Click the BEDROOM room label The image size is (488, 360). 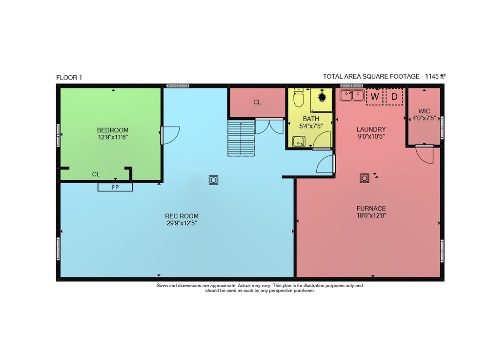coord(113,130)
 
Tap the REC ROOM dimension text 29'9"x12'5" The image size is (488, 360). coord(182,223)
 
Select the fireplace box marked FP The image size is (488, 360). coord(115,187)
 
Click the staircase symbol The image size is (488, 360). coord(241,138)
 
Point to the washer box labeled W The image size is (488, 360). coord(375,97)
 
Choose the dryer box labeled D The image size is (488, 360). coord(394,97)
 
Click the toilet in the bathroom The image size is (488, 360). coord(299,98)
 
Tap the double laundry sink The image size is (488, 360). coord(352,95)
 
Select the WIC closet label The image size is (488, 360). coord(424,111)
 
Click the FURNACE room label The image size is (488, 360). coord(371,209)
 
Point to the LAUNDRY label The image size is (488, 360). coord(371,129)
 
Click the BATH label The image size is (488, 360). coord(311,119)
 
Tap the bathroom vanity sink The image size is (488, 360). coord(299,141)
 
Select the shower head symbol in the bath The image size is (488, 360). coord(322,97)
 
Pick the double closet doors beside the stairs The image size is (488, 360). coord(269,127)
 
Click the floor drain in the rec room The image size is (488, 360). coord(214,180)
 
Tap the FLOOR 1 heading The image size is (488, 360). coord(69,78)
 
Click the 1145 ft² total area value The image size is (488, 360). coord(436,76)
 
